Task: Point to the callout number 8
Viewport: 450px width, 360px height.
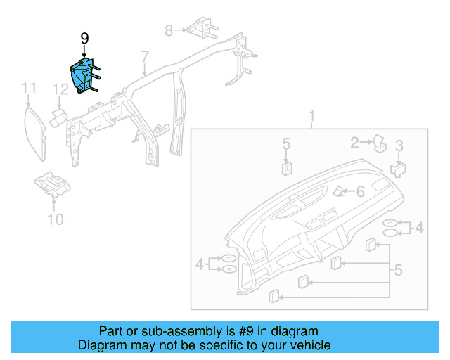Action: pyautogui.click(x=169, y=30)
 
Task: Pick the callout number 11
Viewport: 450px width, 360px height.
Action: pyautogui.click(x=29, y=88)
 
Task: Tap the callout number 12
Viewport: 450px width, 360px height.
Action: pyautogui.click(x=62, y=89)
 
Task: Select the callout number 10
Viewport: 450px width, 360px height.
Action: pyautogui.click(x=55, y=220)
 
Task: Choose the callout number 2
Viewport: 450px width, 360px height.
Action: pyautogui.click(x=356, y=143)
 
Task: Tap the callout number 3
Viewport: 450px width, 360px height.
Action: pyautogui.click(x=399, y=146)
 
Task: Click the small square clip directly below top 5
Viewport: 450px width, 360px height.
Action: pyautogui.click(x=287, y=167)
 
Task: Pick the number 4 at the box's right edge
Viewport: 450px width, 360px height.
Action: pyautogui.click(x=420, y=227)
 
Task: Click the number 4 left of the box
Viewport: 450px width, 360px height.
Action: pyautogui.click(x=200, y=264)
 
